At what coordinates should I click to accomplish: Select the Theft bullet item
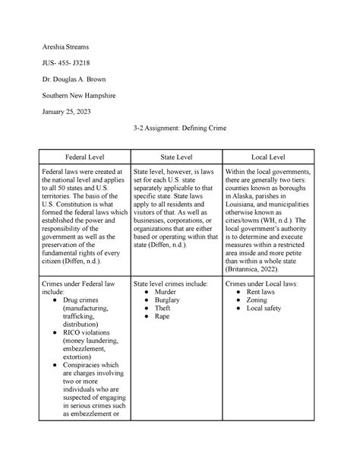(163, 309)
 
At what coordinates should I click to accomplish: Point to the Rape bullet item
(163, 319)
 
